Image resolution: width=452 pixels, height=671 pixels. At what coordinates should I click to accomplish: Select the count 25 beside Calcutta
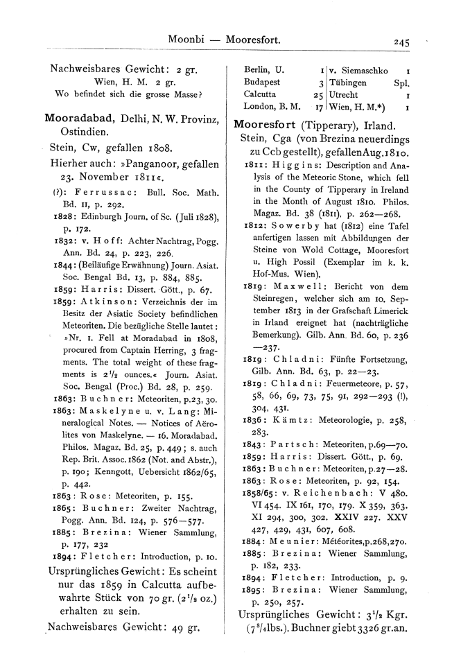tap(318, 95)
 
